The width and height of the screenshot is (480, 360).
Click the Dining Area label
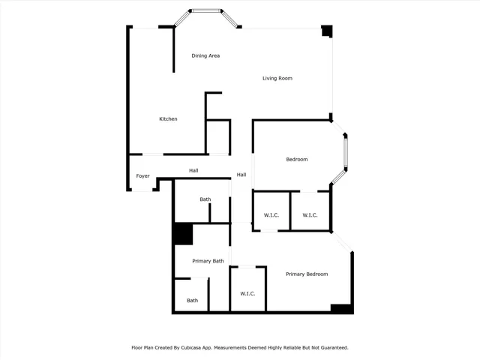click(205, 55)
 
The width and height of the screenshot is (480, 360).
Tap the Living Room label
click(277, 78)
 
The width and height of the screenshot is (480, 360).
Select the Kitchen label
click(168, 119)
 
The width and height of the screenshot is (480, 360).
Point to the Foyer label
click(142, 176)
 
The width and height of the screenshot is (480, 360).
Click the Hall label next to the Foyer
click(193, 171)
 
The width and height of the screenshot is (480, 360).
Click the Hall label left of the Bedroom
click(241, 175)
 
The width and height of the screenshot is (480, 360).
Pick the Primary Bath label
click(208, 261)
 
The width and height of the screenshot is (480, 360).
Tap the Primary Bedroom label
click(307, 274)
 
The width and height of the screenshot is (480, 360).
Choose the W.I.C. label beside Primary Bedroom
click(248, 293)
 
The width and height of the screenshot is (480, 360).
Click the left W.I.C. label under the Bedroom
click(271, 215)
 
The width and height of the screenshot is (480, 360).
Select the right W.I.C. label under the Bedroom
click(310, 215)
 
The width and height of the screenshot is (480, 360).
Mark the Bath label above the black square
click(205, 199)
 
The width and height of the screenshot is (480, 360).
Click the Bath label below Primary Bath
click(193, 301)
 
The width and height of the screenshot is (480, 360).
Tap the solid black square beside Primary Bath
click(183, 234)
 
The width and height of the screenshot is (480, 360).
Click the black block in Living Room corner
click(327, 31)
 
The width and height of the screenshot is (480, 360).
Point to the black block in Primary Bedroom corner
click(341, 308)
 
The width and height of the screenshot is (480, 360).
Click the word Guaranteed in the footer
click(330, 348)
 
